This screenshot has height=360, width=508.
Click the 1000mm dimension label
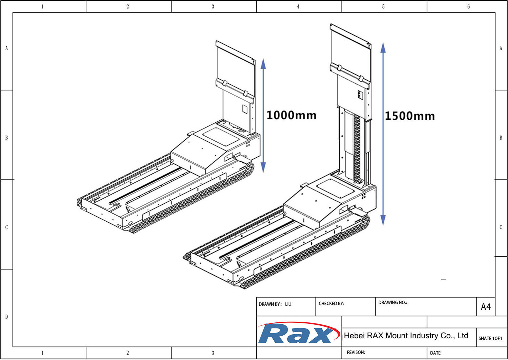tap(291, 115)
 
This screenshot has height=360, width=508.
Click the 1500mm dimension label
tap(409, 116)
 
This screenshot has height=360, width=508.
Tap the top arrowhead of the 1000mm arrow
tap(263, 63)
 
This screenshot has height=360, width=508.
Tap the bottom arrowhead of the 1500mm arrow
tap(383, 220)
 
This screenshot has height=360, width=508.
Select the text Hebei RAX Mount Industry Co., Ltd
tap(406, 336)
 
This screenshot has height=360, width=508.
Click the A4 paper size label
tap(486, 307)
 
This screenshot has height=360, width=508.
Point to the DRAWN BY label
tap(270, 304)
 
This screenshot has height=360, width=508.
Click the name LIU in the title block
tap(288, 304)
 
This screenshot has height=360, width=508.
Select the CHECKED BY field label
tap(331, 303)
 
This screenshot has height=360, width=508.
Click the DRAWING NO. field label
tap(393, 302)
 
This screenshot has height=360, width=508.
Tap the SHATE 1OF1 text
tap(490, 338)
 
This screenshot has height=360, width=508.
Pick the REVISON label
tap(356, 352)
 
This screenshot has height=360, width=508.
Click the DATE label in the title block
tap(436, 353)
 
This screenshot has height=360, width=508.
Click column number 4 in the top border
tap(298, 6)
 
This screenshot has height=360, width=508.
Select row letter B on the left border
tap(6, 138)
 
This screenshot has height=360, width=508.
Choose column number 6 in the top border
tap(468, 6)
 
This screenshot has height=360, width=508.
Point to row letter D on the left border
tap(6, 317)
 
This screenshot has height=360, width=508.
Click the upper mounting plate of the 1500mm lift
tap(350, 51)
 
